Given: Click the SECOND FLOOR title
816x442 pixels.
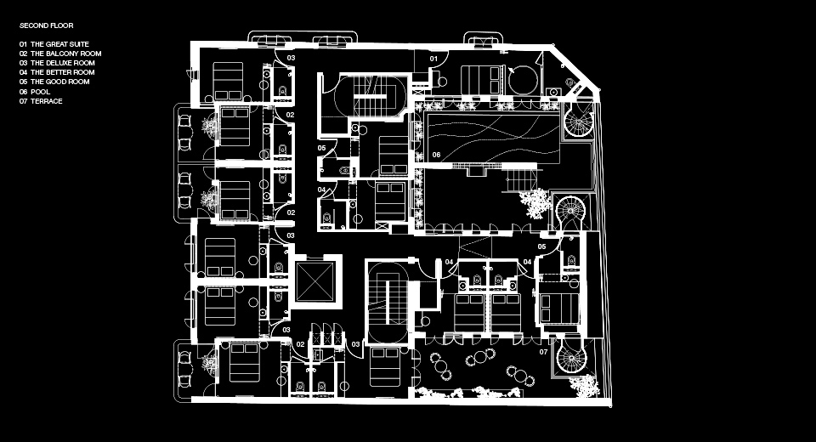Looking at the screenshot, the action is point(46,25).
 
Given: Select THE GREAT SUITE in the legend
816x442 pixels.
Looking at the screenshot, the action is point(59,44).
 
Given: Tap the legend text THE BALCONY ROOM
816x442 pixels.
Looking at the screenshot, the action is point(65,54).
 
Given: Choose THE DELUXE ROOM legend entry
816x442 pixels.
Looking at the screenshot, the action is point(62,63).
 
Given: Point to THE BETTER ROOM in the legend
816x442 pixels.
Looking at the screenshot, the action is point(62,72).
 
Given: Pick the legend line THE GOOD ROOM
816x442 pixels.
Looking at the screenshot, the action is point(59,82).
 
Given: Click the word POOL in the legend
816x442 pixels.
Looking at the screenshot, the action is point(40,92).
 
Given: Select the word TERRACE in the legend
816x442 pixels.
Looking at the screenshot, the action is point(46,101).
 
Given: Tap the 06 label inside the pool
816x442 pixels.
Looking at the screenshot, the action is point(436,155).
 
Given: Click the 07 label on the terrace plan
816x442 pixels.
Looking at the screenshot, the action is point(543,352).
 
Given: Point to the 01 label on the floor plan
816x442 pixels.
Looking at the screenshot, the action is point(433,59).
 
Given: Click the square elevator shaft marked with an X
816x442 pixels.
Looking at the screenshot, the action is point(314,281).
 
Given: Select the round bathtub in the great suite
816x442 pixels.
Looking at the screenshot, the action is point(523,80).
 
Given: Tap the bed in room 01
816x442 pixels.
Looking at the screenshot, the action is point(483,80).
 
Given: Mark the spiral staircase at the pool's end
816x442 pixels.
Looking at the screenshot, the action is point(579,121).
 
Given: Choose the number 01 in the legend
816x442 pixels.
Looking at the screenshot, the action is point(23,44).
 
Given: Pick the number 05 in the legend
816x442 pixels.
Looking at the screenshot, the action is point(23,82).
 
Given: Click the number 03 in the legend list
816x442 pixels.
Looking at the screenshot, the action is point(23,63).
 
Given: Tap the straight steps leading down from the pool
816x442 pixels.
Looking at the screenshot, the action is point(521,180).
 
